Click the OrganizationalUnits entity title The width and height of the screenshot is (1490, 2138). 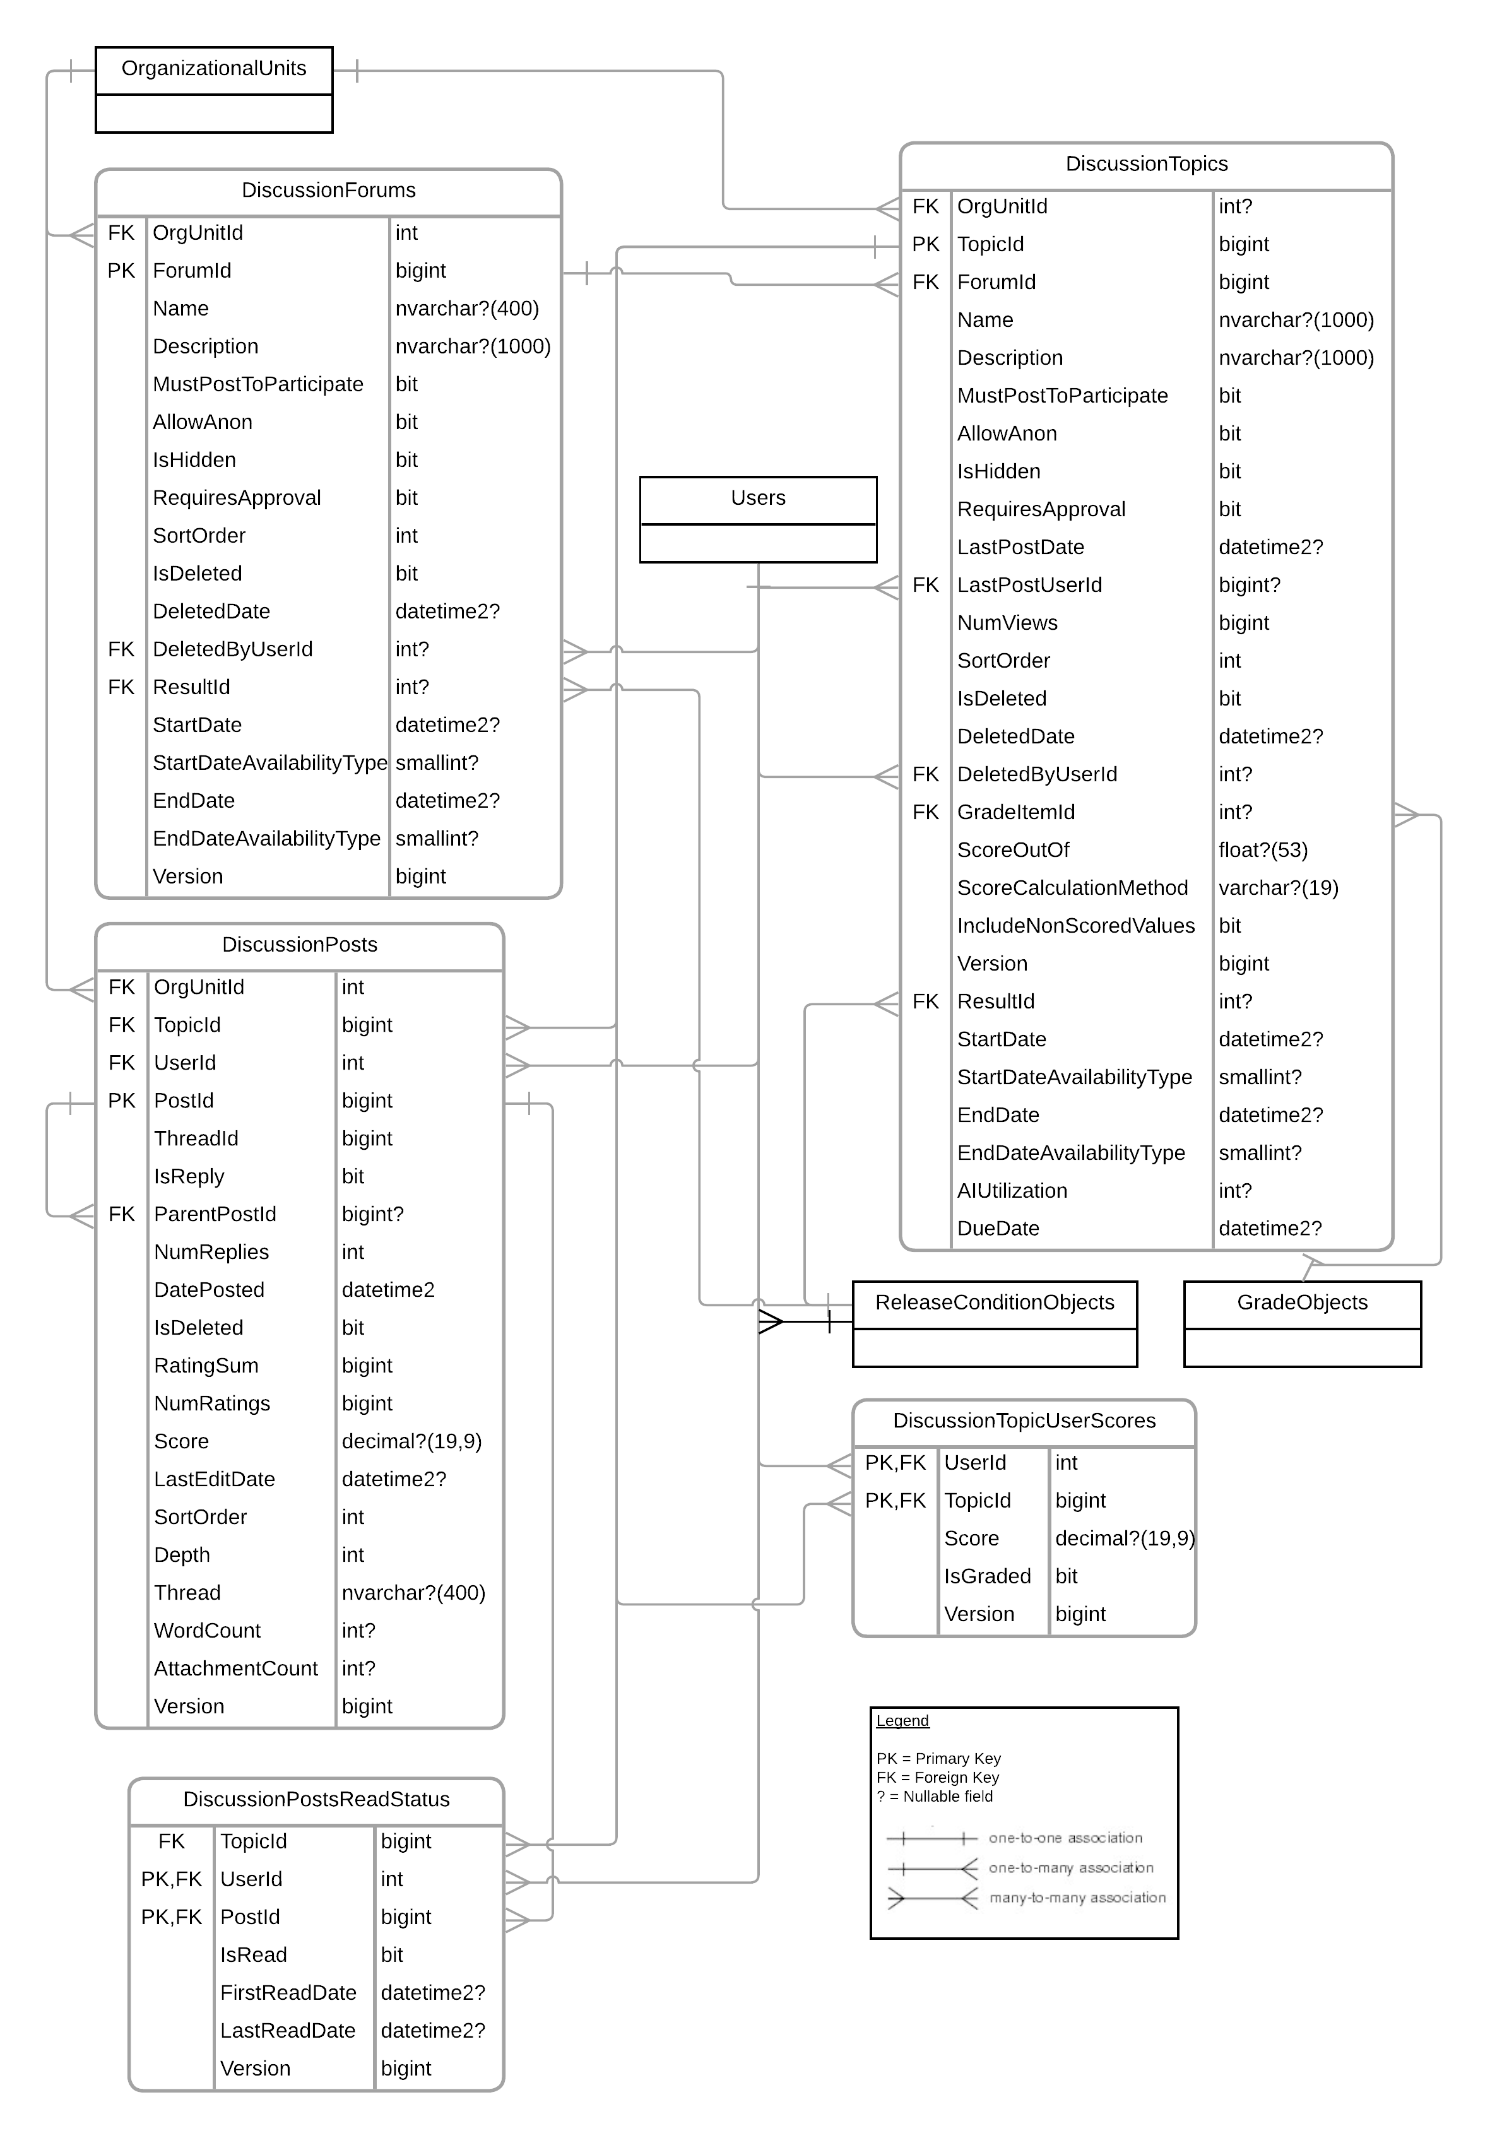tap(214, 69)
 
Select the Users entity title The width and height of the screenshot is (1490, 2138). tap(758, 498)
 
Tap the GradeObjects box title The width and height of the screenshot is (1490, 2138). tap(1302, 1302)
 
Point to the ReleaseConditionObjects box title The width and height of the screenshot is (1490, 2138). tap(995, 1302)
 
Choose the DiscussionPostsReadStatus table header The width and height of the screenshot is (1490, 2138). tap(317, 1799)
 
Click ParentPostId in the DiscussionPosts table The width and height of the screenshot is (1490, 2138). tap(215, 1214)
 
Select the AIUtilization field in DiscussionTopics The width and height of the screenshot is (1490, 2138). tap(1012, 1191)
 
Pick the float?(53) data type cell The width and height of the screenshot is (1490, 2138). tap(1263, 850)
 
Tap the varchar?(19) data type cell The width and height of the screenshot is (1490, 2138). tap(1279, 889)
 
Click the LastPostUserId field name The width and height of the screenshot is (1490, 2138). tap(1030, 585)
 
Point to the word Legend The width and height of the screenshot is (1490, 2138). tap(902, 1721)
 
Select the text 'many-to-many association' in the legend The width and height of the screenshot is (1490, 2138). tap(1077, 1898)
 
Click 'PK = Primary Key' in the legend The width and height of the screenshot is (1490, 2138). tap(938, 1759)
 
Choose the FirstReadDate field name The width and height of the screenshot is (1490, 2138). tap(288, 1993)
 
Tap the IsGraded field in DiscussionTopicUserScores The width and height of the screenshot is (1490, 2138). tap(988, 1576)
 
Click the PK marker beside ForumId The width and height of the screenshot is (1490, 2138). tap(121, 271)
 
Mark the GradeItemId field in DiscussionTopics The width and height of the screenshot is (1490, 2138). tap(1016, 812)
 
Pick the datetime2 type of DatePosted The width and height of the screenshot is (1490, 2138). tap(388, 1290)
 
